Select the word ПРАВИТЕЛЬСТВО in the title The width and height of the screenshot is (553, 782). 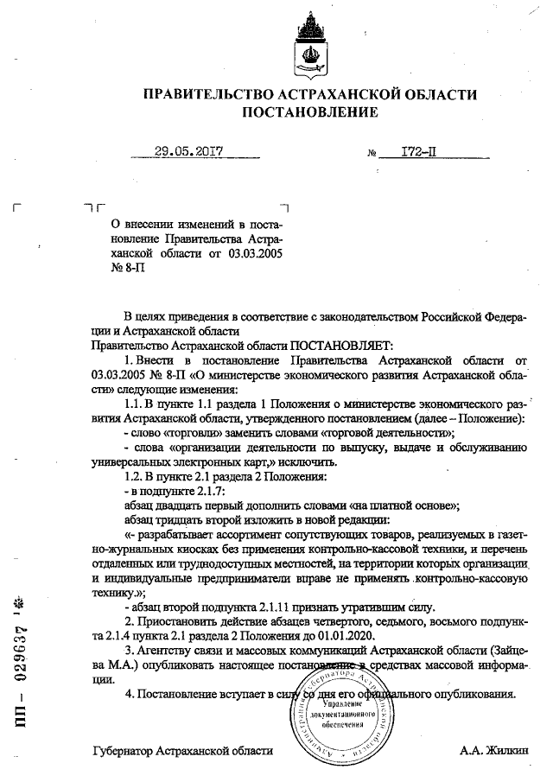click(x=207, y=93)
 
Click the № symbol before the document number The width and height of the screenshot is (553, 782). click(x=372, y=153)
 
